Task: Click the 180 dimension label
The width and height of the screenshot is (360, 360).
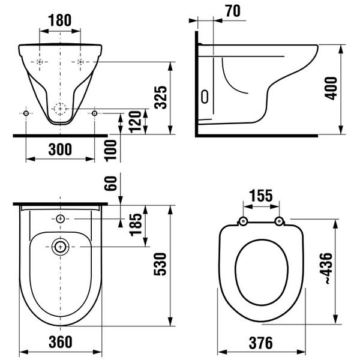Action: point(59,20)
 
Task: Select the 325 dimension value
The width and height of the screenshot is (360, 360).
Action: point(160,97)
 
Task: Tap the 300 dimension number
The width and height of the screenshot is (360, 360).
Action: point(60,149)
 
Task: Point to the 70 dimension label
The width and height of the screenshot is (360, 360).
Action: point(233,11)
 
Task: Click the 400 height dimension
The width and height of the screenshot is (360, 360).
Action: point(331,88)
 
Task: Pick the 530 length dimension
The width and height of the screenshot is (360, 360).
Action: point(160,264)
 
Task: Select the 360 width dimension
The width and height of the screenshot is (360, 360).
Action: point(61,342)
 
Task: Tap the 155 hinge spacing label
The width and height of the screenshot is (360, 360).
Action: point(261,196)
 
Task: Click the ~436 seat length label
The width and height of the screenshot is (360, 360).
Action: point(326,269)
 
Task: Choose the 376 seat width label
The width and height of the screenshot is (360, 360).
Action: point(261,343)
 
